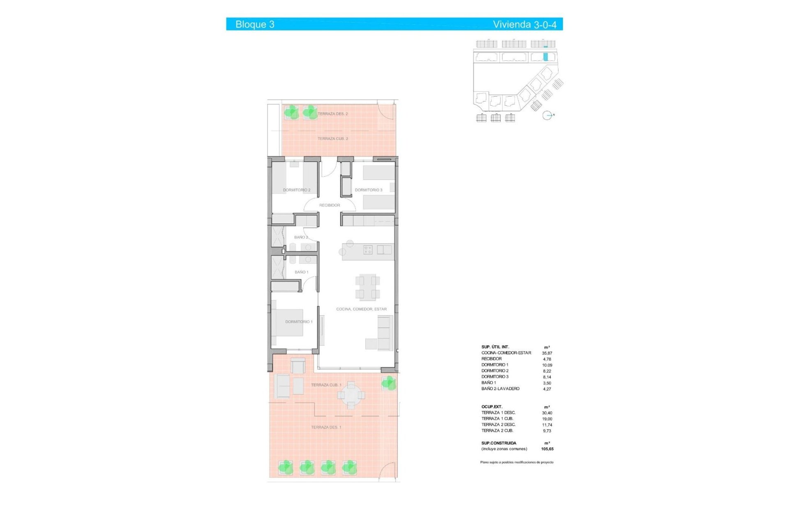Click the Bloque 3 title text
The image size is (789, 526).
click(255, 24)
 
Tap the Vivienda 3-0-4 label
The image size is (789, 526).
click(524, 24)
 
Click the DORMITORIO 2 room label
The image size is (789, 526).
click(297, 190)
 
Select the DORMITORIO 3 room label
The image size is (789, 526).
click(369, 190)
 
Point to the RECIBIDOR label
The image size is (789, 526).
click(330, 205)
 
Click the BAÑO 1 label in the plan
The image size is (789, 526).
click(301, 272)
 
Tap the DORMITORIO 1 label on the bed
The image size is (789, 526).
click(299, 322)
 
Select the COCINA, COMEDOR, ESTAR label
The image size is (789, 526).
click(361, 309)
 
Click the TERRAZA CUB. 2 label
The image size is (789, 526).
click(332, 139)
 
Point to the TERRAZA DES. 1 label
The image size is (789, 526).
click(326, 427)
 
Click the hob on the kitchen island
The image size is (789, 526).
click(368, 249)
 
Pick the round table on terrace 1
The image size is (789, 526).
click(351, 395)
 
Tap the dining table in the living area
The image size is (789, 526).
click(367, 287)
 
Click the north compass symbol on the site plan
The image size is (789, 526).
click(547, 115)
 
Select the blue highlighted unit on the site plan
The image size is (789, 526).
click(546, 57)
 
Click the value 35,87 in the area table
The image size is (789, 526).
click(547, 353)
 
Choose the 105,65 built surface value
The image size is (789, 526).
click(547, 449)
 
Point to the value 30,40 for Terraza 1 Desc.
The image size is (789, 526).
click(547, 413)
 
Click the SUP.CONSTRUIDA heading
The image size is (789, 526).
click(498, 443)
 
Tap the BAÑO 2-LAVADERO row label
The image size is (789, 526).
click(500, 389)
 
